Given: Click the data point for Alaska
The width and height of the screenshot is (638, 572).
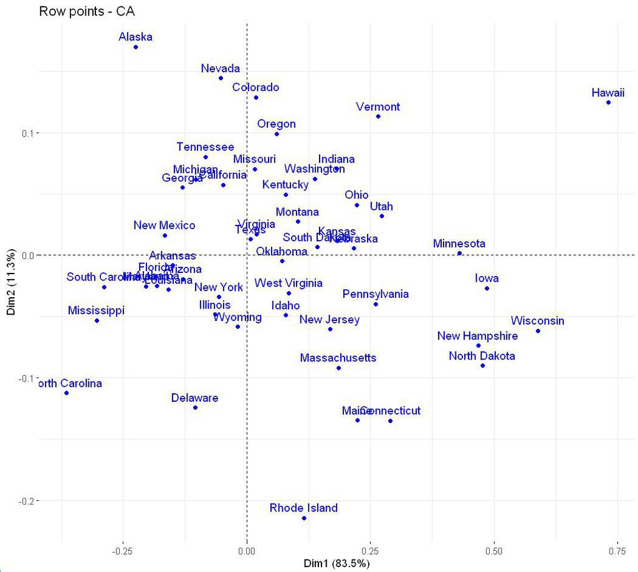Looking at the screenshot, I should [136, 47].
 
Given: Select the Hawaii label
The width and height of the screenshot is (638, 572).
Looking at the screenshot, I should [607, 93].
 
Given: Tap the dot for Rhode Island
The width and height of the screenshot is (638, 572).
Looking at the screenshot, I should [304, 518].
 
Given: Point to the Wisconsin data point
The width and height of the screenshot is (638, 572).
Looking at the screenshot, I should [538, 331].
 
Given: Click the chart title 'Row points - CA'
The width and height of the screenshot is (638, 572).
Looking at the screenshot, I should [87, 11].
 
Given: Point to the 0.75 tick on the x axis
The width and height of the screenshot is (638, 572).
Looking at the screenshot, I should [617, 551].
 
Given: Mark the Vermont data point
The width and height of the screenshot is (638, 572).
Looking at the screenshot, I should [378, 117].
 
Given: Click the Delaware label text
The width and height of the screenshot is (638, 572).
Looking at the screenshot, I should [194, 398].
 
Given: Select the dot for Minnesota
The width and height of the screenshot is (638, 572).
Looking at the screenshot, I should [459, 253].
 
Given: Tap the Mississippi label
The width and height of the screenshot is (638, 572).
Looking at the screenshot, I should [96, 310].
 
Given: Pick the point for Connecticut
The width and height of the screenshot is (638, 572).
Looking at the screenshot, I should [390, 421].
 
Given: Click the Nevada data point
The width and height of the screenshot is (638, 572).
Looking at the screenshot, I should [221, 78].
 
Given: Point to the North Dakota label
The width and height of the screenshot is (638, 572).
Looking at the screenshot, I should [482, 356].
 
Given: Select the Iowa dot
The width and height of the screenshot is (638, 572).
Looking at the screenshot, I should [487, 288].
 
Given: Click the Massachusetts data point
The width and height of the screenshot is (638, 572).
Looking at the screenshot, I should [338, 368].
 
